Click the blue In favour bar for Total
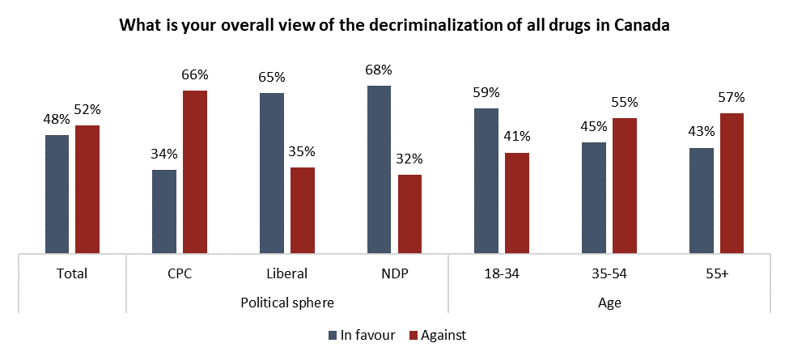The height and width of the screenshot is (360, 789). click(x=57, y=194)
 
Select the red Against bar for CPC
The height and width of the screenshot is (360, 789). click(x=195, y=172)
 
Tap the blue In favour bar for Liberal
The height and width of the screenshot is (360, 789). click(x=272, y=173)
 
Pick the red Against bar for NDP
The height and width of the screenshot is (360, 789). click(x=409, y=214)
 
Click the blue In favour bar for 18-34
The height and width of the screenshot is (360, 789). click(x=486, y=180)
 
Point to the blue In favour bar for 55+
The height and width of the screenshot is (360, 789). click(x=701, y=201)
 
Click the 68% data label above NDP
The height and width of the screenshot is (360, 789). click(x=379, y=70)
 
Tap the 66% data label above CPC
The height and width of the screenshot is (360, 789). click(x=195, y=74)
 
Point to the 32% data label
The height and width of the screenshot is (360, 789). click(x=409, y=159)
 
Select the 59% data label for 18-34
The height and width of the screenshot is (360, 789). click(x=486, y=92)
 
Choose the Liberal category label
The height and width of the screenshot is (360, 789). click(x=286, y=273)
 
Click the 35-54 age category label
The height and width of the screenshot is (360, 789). click(x=609, y=273)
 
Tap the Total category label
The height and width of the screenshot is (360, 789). click(x=72, y=273)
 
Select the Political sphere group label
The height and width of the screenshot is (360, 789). click(x=287, y=302)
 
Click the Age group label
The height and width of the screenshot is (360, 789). click(x=609, y=302)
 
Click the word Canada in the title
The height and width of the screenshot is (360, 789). click(x=642, y=25)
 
